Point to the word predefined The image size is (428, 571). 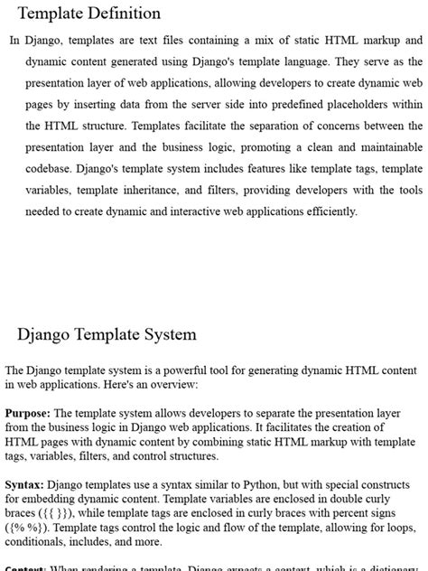pyautogui.click(x=280, y=104)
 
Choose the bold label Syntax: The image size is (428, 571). pyautogui.click(x=25, y=484)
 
